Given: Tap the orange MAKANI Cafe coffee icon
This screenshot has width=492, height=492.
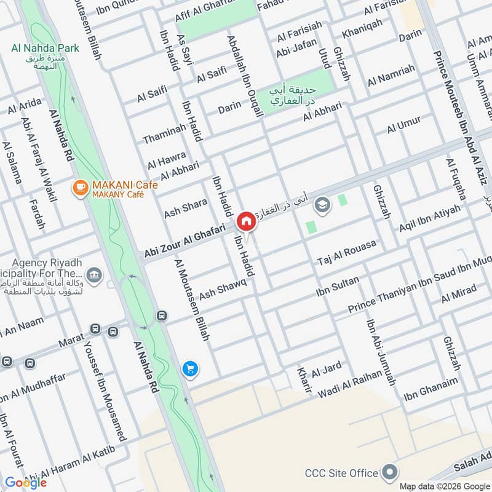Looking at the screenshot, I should pyautogui.click(x=79, y=189).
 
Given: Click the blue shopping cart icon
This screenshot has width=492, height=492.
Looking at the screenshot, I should pyautogui.click(x=190, y=368).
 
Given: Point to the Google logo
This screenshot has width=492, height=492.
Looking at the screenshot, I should pyautogui.click(x=26, y=482).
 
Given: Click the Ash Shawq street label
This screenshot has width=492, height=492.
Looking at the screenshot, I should pyautogui.click(x=223, y=288).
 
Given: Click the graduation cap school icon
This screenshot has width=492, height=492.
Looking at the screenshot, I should pyautogui.click(x=321, y=204).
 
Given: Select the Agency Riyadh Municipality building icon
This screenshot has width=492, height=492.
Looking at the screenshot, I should pyautogui.click(x=93, y=274).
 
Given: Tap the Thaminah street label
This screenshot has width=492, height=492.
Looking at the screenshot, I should pyautogui.click(x=164, y=133).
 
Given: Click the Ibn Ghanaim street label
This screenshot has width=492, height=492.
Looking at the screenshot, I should pyautogui.click(x=430, y=389).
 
